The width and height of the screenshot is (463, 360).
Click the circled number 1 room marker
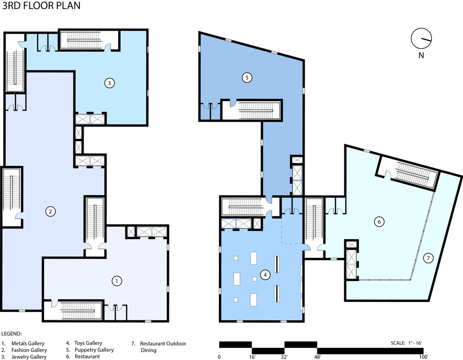pos(116,281)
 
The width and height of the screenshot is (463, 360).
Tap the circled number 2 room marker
pos(49,211)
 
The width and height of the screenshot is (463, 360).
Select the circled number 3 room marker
pos(109,83)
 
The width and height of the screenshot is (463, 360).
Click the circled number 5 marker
pos(246,77)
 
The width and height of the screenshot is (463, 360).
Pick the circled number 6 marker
pos(378,221)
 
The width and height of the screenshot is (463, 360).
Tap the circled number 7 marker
pos(428,258)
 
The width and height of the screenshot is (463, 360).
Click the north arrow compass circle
pos(420,39)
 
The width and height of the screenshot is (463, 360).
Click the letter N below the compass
pos(420,55)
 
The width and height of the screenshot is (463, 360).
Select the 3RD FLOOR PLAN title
pos(41,6)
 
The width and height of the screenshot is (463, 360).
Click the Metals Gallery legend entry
pos(29,343)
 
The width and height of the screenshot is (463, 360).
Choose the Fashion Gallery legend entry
pos(29,350)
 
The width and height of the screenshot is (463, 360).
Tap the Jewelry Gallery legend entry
pos(29,357)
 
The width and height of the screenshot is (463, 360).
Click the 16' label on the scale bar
pos(252,357)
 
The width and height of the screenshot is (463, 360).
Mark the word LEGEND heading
pos(12,334)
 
